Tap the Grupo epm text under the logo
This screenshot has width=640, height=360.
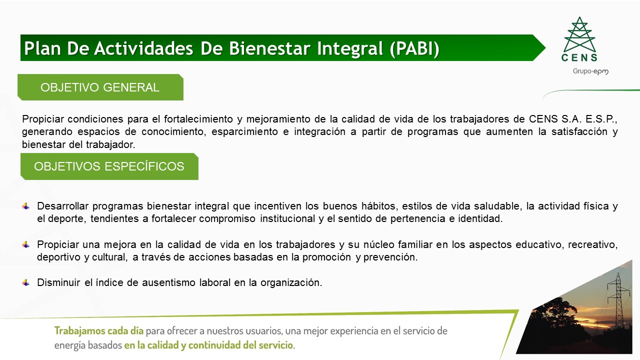tap(590, 71)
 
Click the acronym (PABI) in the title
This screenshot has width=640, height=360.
tap(414, 48)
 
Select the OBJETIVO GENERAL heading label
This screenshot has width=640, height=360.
tap(100, 87)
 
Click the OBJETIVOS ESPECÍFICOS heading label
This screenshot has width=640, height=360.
tap(109, 166)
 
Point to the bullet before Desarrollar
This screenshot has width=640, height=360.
tap(25, 206)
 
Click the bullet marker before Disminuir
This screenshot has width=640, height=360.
tap(25, 282)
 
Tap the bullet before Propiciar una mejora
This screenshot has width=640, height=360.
tap(25, 244)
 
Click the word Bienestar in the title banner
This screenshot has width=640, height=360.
tap(269, 48)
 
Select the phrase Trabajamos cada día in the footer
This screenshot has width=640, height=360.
tap(99, 331)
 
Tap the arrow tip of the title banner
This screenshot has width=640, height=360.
tap(545, 47)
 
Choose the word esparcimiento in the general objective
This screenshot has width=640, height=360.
tap(244, 131)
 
